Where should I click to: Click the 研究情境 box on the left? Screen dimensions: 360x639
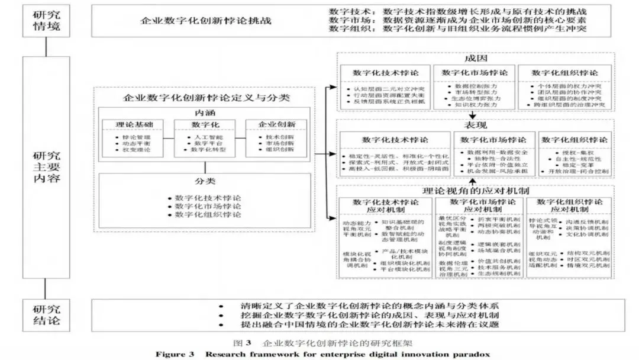click(45, 21)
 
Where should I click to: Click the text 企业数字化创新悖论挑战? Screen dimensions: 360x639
click(206, 21)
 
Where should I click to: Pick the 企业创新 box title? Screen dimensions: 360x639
click(277, 125)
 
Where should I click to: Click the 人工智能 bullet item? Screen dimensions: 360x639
click(199, 137)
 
